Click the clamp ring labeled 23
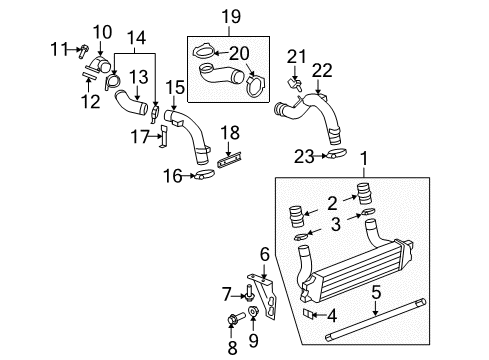tap(338, 154)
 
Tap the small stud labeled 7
tap(245, 293)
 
